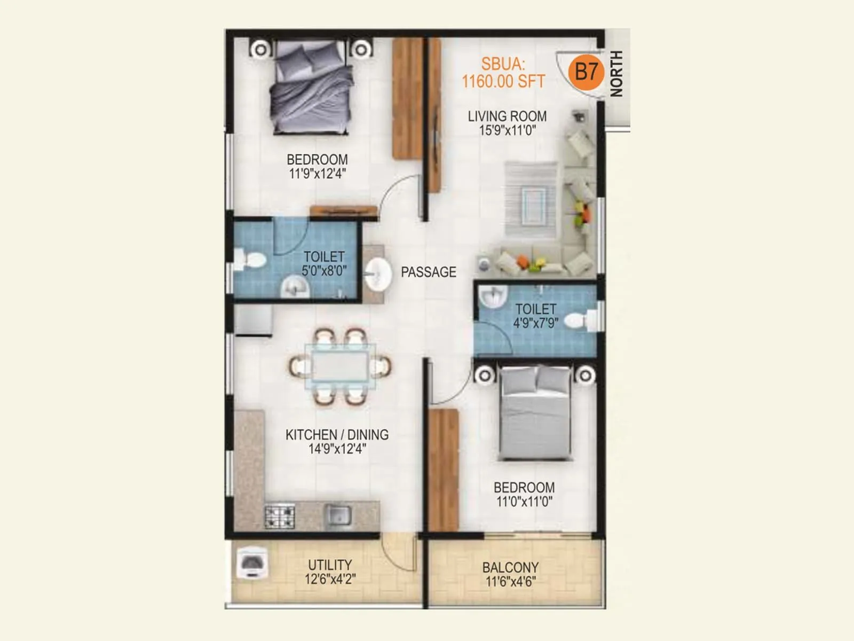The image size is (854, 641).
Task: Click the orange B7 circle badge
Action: click(586, 72)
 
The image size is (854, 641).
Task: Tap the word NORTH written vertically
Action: click(616, 74)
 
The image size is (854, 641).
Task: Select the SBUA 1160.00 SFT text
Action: click(503, 73)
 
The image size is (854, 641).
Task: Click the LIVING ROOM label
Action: click(507, 116)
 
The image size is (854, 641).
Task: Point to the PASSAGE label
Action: click(428, 272)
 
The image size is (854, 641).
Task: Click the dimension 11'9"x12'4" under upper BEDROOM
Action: click(317, 174)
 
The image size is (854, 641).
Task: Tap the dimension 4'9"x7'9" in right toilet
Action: click(535, 323)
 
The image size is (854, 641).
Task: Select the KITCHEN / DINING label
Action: click(337, 435)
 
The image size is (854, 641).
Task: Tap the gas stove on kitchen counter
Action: click(280, 516)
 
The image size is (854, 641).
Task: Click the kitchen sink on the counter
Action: click(338, 515)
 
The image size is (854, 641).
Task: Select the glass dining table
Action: click(339, 367)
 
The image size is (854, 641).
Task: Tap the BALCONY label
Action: click(510, 567)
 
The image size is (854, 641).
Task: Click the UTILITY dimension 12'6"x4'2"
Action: click(330, 579)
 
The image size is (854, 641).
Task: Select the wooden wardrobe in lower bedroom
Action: click(444, 470)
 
